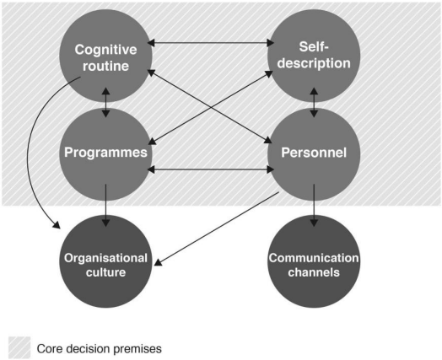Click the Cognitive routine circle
tap(105, 56)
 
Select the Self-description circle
tap(314, 56)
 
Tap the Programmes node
tap(105, 154)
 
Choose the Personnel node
tap(314, 154)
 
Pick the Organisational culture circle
tap(105, 261)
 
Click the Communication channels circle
tap(314, 261)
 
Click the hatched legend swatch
tap(19, 347)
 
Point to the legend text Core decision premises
tap(100, 349)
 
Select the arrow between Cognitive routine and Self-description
tap(211, 43)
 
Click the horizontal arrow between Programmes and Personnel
tap(211, 169)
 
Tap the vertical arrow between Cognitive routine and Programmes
tap(105, 102)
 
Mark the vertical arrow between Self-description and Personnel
tap(314, 102)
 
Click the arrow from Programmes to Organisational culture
tap(105, 206)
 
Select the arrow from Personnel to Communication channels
tap(314, 206)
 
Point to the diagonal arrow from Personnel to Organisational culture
tap(217, 228)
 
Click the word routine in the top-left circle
tap(105, 66)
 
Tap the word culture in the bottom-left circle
tap(105, 272)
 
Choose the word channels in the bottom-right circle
tap(314, 272)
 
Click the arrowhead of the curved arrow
tap(57, 225)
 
